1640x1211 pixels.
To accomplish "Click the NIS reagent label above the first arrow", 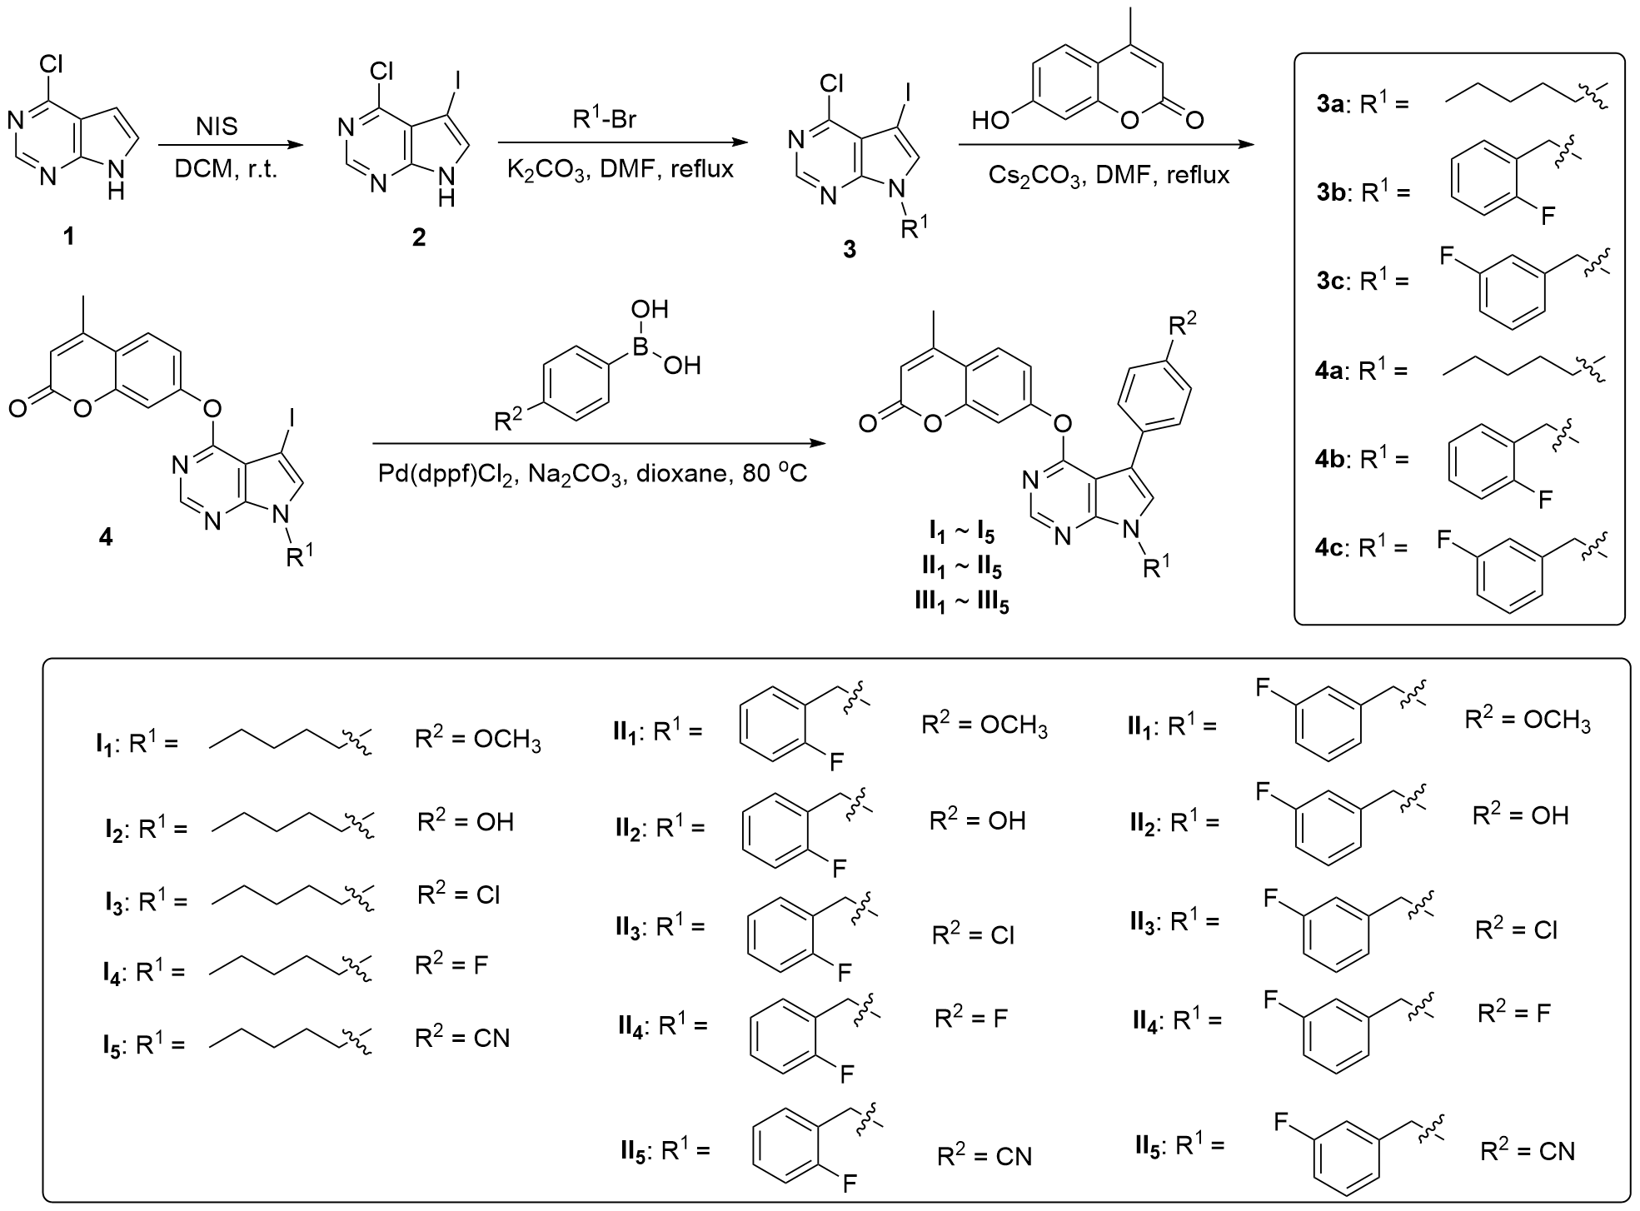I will (217, 127).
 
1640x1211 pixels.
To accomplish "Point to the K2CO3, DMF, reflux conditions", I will (621, 170).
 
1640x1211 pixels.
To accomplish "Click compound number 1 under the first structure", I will (69, 237).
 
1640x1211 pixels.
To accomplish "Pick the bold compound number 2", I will (418, 237).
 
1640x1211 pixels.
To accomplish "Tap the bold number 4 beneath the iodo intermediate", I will (106, 537).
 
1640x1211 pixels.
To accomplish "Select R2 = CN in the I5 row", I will (462, 1039).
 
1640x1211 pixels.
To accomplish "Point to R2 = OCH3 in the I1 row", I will (478, 740).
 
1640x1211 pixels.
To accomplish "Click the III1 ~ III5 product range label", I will (962, 601).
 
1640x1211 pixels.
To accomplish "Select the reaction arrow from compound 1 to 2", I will (229, 146).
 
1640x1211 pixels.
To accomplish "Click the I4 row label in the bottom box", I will (112, 972).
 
